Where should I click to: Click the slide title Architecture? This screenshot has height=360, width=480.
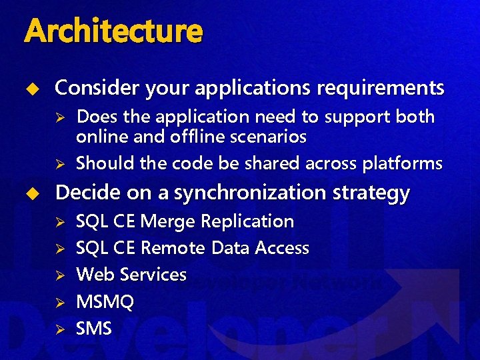(113, 31)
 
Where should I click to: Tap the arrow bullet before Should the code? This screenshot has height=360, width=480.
(59, 164)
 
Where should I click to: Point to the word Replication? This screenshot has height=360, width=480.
(247, 221)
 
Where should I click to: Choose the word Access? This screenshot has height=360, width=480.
(282, 248)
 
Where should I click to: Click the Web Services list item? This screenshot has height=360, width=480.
(131, 275)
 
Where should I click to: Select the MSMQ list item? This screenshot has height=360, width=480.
(105, 302)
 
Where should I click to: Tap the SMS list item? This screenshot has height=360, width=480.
(94, 329)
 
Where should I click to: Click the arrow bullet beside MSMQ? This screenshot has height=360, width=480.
(59, 303)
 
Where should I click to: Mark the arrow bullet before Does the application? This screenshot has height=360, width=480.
(59, 118)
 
